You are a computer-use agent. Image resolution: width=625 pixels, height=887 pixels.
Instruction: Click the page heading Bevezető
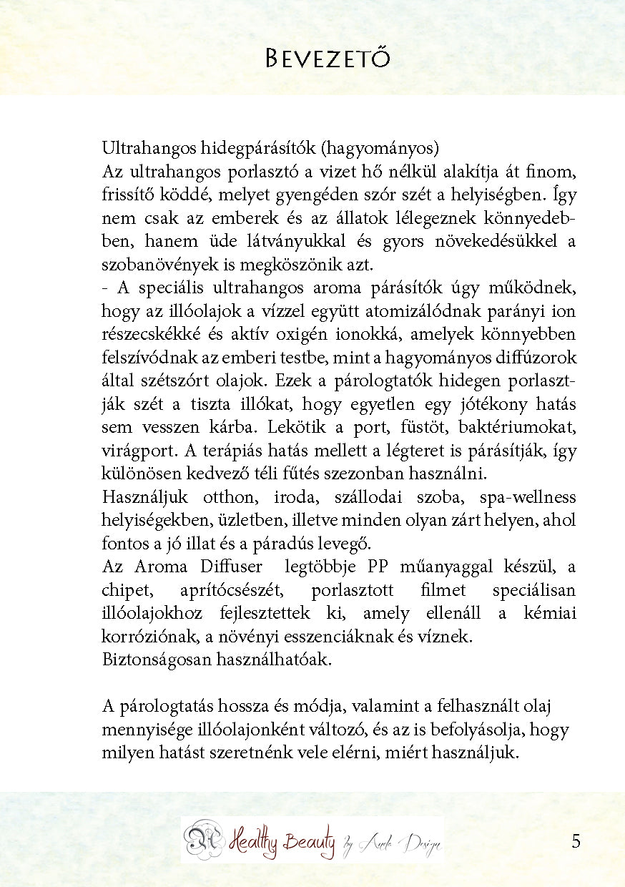pos(328,57)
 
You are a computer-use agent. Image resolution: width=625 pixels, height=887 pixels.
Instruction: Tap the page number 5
pos(576,841)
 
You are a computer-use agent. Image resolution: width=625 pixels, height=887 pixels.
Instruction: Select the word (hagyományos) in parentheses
pos(379,149)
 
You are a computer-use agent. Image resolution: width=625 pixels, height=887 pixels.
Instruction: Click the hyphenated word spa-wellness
pos(528,497)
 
